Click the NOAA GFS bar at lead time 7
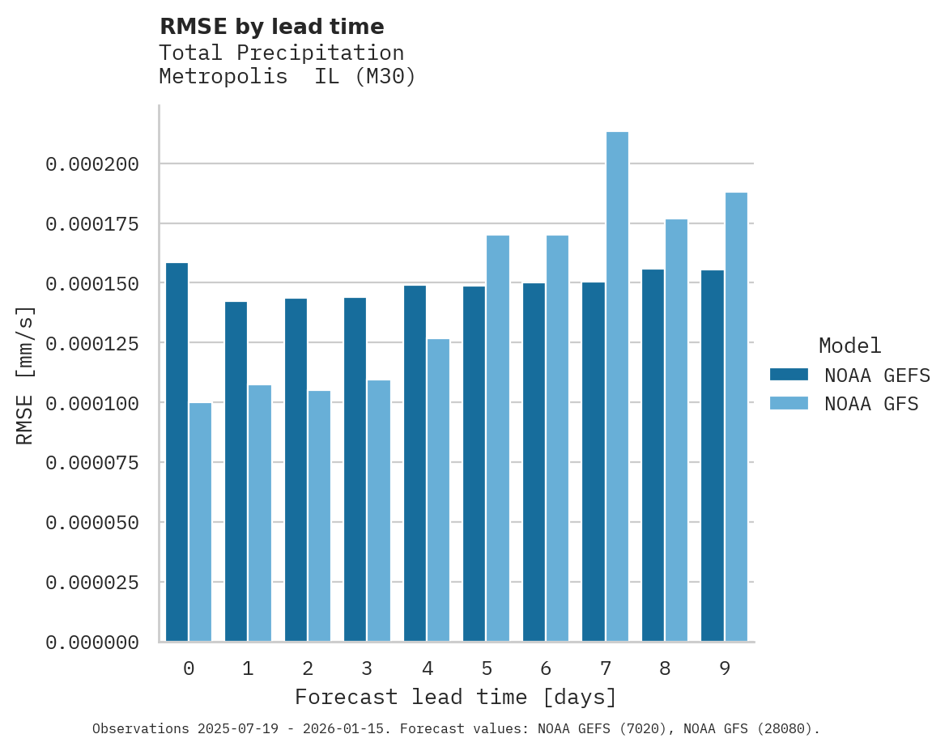tap(617, 387)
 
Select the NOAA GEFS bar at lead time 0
tap(177, 452)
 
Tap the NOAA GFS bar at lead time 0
tap(200, 522)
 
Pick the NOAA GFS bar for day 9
tap(736, 417)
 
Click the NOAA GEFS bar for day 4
tap(415, 463)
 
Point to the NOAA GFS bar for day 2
tap(319, 516)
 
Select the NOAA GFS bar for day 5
tap(498, 438)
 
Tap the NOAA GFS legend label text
tap(871, 404)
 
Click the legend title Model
tap(849, 346)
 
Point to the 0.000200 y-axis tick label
tap(92, 165)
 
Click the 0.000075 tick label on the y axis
tap(92, 463)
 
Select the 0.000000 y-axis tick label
tap(92, 643)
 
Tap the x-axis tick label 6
tap(546, 669)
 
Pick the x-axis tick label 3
tap(367, 669)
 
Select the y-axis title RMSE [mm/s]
tap(25, 375)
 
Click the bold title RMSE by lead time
tap(271, 27)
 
